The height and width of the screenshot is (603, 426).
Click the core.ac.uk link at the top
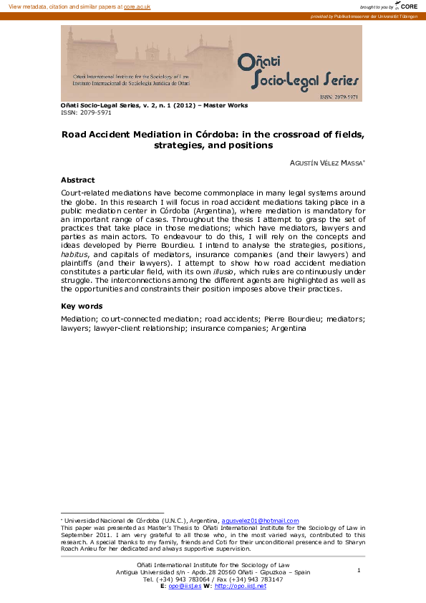pos(137,6)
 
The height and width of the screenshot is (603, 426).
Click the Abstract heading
pos(77,180)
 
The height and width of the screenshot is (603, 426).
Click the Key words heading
pos(81,307)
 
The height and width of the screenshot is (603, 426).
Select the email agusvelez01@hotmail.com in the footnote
pos(260,521)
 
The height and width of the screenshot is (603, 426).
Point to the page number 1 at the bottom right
pos(358,570)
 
